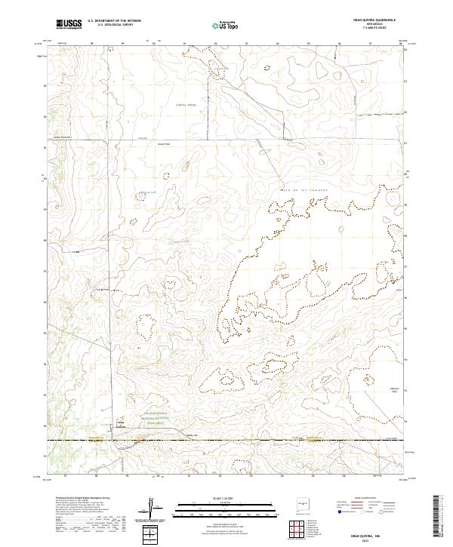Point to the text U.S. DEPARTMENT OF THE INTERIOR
[x=114, y=21]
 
